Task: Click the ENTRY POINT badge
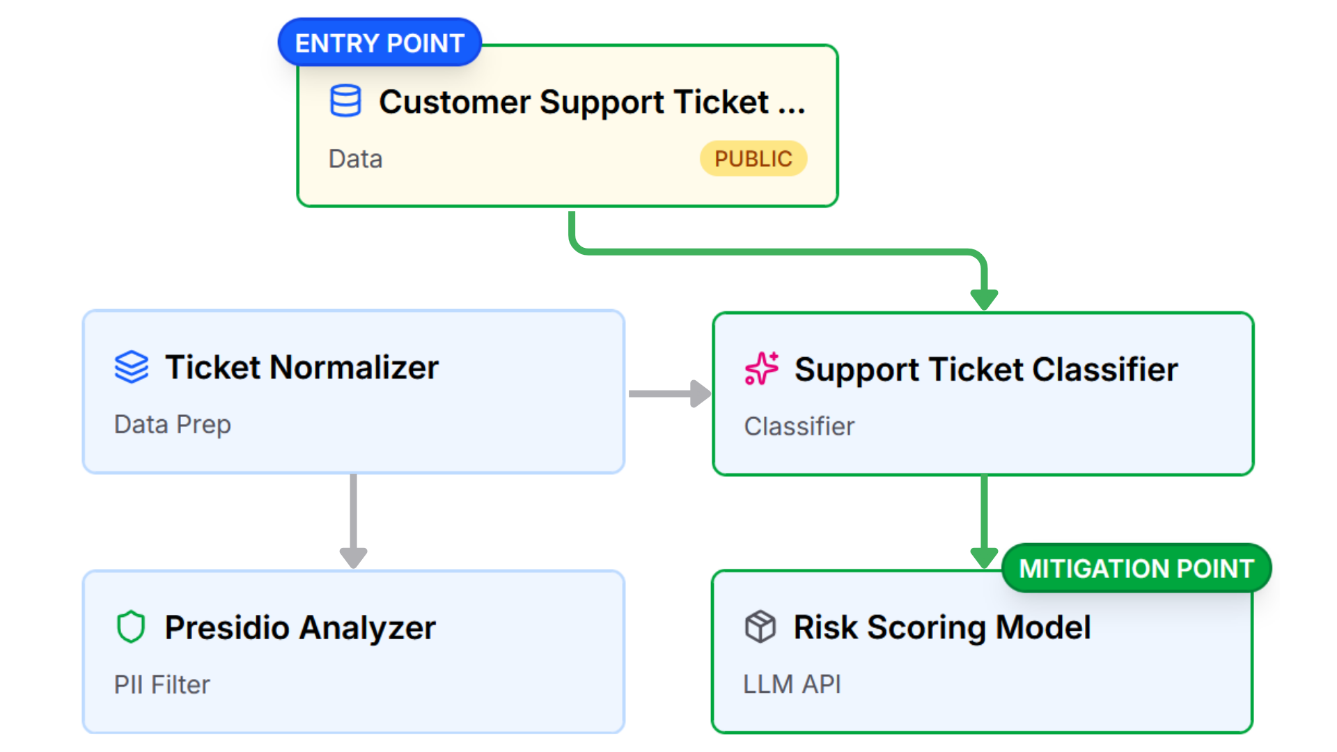380,43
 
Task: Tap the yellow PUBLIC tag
753,159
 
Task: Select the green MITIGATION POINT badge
1136,568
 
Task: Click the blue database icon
345,101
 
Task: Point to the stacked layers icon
132,367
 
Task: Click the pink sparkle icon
761,368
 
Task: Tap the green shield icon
131,627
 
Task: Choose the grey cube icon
760,627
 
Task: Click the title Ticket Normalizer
302,367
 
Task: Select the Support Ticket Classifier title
985,369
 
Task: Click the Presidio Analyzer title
299,627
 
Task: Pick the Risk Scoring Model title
941,627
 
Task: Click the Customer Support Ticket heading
591,102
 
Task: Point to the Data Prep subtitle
172,424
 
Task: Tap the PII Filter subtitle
162,684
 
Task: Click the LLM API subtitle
792,684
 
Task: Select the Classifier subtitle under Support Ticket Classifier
799,426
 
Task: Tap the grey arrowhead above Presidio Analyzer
353,557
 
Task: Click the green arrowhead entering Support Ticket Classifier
984,299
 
